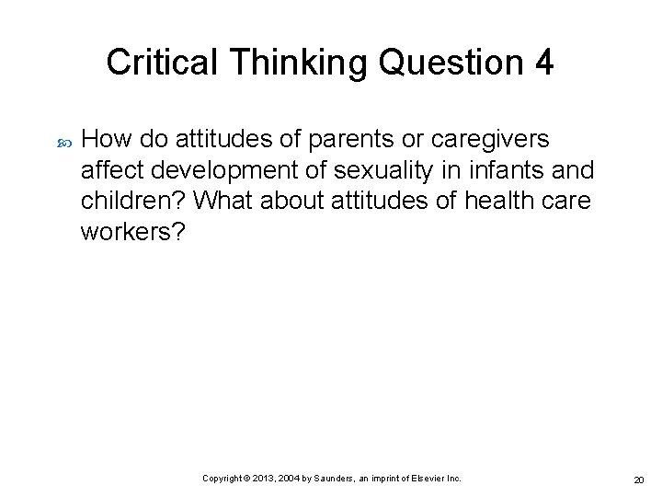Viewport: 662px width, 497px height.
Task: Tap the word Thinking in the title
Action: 275,63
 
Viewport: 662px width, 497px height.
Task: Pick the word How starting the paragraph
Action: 102,139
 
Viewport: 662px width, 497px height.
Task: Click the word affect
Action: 109,170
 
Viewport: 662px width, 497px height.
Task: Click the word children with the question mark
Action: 135,201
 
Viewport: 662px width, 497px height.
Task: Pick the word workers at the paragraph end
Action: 133,232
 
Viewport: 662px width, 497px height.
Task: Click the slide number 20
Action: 637,480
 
